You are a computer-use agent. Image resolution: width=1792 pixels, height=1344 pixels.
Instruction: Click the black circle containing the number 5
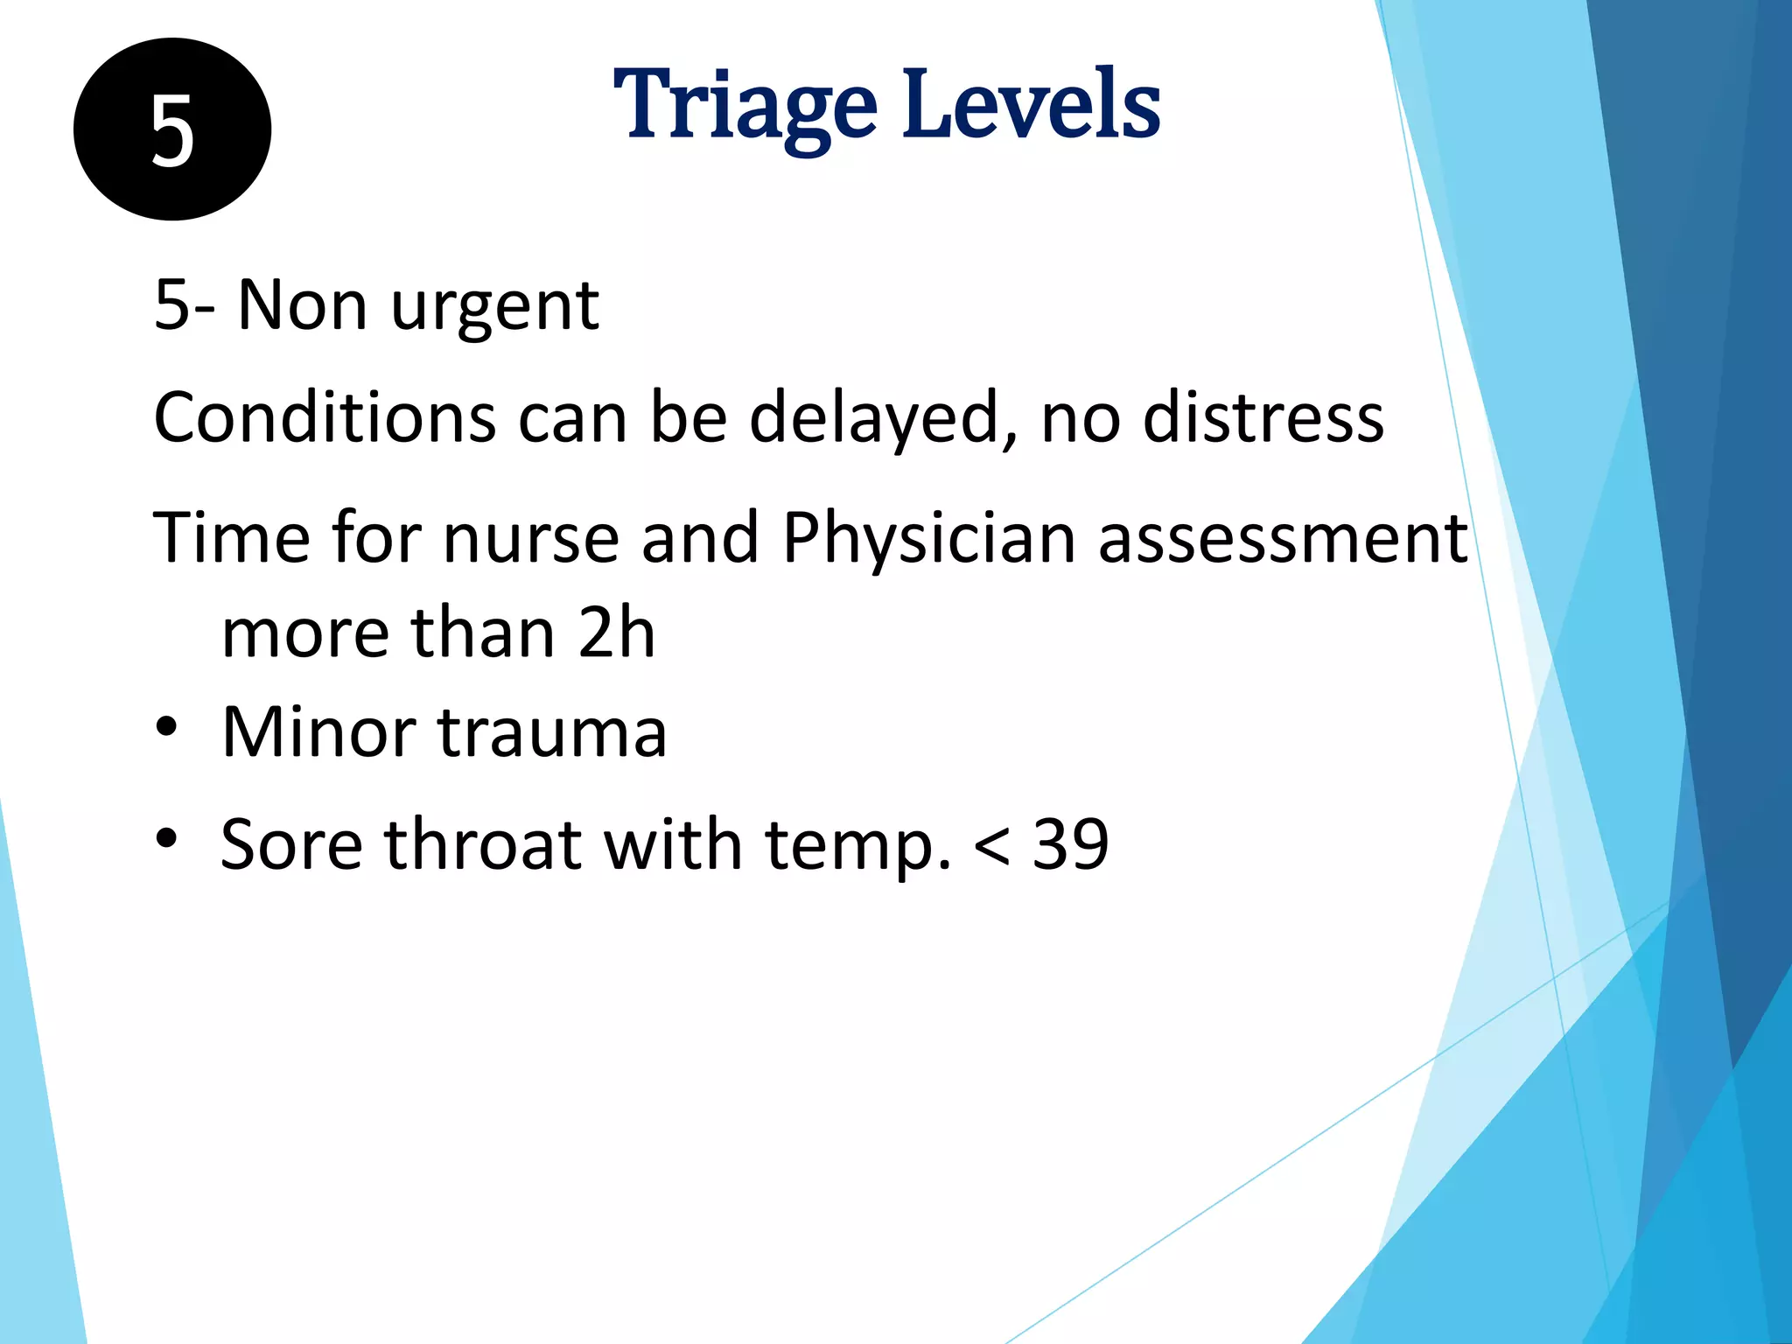(x=172, y=129)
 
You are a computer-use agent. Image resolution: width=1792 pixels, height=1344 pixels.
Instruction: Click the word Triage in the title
(x=745, y=107)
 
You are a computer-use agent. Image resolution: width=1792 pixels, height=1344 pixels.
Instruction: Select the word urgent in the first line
(x=494, y=308)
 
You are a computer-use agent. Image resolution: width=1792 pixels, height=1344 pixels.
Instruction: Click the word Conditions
(x=325, y=418)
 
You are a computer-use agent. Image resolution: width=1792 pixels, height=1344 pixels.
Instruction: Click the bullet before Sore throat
(x=166, y=839)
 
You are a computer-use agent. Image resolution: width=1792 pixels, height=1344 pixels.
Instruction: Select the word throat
(x=483, y=845)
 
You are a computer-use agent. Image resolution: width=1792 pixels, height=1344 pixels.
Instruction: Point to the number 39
(x=1071, y=845)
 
